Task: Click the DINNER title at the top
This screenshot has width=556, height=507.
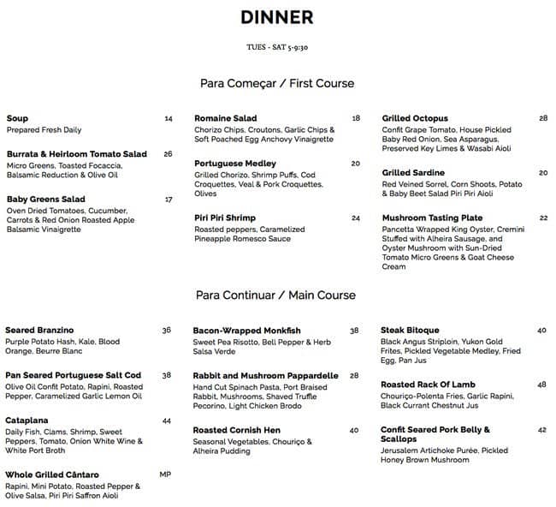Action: [277, 18]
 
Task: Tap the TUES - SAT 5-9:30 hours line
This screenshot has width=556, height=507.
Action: [277, 48]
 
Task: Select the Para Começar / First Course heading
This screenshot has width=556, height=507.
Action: [276, 84]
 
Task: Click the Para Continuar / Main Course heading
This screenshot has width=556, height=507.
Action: [275, 295]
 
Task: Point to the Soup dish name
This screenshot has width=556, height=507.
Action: [17, 118]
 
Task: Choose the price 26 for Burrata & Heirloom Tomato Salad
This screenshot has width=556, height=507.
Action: [168, 154]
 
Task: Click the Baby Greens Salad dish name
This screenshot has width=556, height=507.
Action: [45, 200]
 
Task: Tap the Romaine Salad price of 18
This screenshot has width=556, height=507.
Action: [356, 118]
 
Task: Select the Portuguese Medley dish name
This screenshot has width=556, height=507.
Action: [235, 164]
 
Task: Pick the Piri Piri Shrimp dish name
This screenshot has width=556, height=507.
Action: [225, 218]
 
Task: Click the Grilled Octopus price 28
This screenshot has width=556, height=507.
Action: [543, 118]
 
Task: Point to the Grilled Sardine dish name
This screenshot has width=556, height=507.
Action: [414, 172]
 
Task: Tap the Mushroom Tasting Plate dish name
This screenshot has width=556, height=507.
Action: [432, 218]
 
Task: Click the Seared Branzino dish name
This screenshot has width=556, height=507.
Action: [39, 331]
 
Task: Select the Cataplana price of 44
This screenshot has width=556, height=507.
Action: [167, 421]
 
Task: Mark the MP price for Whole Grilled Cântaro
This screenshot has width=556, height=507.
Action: [166, 474]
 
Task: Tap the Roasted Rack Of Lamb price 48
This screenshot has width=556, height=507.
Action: [542, 385]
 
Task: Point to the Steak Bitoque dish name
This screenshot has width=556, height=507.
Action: [410, 331]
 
